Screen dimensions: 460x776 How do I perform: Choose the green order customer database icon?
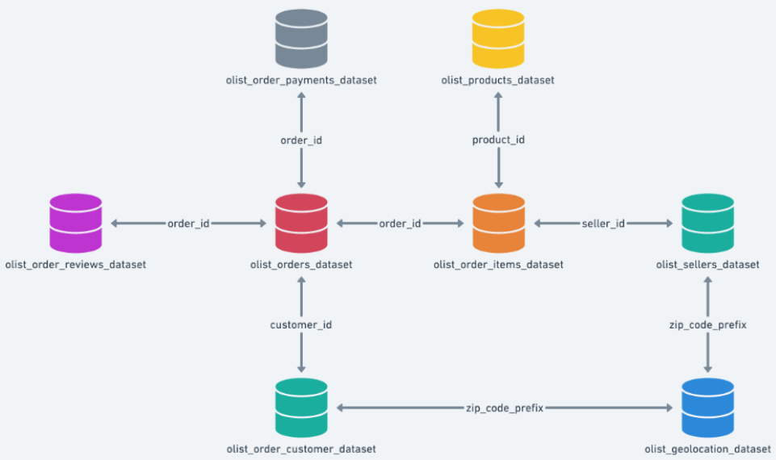click(x=301, y=408)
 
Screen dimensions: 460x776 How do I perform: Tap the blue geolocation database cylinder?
click(x=707, y=408)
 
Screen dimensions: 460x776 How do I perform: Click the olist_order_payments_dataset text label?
click(x=301, y=80)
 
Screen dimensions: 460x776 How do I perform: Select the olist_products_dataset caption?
click(x=497, y=80)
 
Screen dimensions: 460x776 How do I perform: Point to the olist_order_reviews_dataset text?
click(x=75, y=264)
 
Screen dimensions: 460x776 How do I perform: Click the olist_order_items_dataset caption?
click(x=498, y=264)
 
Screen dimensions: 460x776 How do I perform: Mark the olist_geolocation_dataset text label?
click(x=707, y=449)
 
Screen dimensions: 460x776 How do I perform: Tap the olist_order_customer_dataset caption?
click(x=301, y=449)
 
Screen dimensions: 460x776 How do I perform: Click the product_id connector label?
click(x=498, y=140)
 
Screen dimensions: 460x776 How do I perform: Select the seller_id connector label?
click(x=603, y=223)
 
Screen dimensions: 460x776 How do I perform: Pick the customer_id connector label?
click(x=301, y=324)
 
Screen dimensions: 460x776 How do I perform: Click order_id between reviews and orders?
click(x=188, y=223)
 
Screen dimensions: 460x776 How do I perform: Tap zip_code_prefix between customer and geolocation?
click(x=505, y=408)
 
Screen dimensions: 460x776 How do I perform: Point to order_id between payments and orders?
click(x=301, y=140)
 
